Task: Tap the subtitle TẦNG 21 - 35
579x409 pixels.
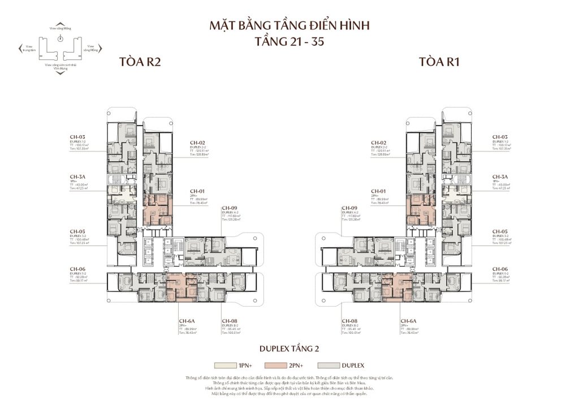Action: (x=289, y=42)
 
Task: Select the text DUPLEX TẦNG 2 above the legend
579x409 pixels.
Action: (x=289, y=348)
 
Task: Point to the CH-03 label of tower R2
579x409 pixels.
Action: (x=77, y=137)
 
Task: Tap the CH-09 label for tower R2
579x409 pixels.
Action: (x=230, y=208)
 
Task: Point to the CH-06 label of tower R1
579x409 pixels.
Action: (x=500, y=269)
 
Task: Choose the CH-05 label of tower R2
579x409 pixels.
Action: (x=77, y=231)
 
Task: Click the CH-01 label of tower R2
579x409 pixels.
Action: (x=198, y=191)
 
